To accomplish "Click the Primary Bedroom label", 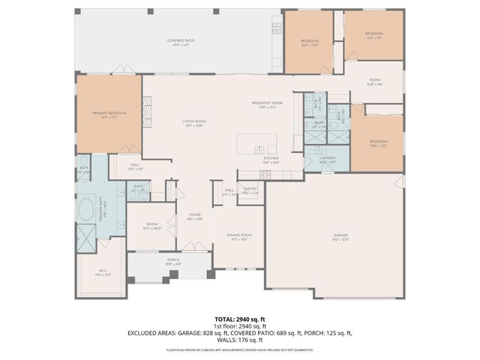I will (109, 113).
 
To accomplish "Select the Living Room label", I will (193, 122).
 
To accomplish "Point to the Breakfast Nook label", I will (266, 103).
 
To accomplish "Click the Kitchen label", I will (271, 159).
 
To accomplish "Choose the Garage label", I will (340, 236).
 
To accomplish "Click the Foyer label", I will (194, 217).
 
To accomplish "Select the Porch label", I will (172, 262).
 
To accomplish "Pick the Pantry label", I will (250, 190).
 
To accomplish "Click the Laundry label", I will (327, 159).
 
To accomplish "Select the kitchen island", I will (256, 142).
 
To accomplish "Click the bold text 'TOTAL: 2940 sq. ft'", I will (239, 319).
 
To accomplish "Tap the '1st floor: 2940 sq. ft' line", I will (239, 325).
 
